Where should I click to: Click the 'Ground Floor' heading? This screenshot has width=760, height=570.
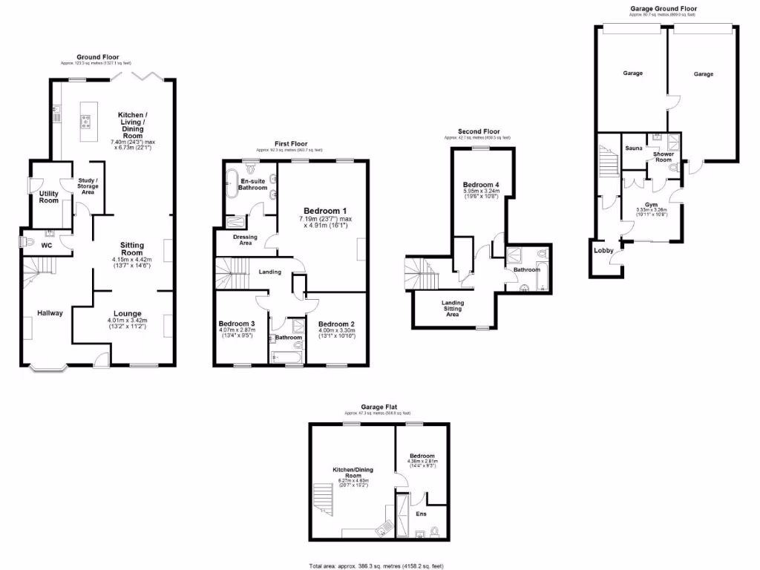point(97,56)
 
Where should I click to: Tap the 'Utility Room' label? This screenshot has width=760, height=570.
point(49,197)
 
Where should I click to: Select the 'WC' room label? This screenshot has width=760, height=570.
point(47,244)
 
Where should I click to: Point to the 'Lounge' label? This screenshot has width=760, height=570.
point(127,313)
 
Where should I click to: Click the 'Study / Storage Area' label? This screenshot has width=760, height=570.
point(88,186)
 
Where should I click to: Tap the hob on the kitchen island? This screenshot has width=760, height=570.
point(87,121)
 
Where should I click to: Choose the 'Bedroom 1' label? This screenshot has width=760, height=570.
point(324,211)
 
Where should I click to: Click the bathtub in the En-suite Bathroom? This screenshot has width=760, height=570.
point(231,181)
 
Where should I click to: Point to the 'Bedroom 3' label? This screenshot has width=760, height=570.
point(237,324)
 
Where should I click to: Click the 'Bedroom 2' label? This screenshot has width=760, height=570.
point(336,324)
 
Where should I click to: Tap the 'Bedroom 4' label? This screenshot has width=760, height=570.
point(482,184)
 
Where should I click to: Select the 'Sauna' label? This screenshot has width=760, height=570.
point(633,149)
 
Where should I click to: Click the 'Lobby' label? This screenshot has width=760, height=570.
point(603,251)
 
